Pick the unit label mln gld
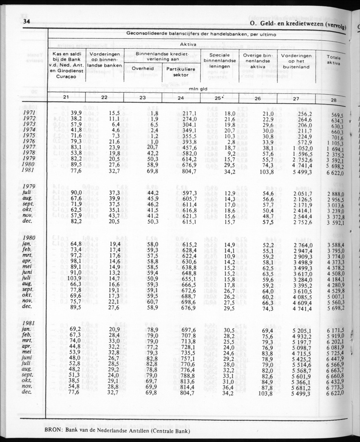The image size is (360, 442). tap(198, 89)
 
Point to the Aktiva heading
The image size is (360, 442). tap(189, 44)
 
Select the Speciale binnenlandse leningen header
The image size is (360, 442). tap(219, 61)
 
